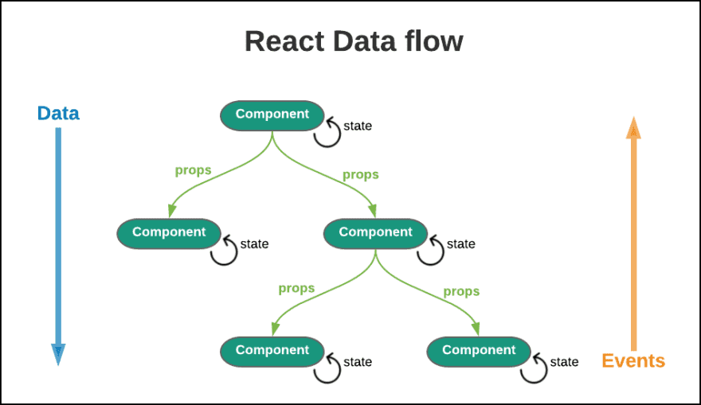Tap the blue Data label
pos(58,113)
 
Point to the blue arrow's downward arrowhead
pos(58,355)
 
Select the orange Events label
pos(633,360)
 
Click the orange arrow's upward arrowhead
pos(633,129)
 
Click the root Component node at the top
pos(272,115)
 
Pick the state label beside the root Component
pos(358,126)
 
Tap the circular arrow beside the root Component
pos(327,133)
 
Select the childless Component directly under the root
pos(169,232)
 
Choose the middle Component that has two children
pos(376,232)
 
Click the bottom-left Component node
pos(272,350)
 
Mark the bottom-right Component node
pos(479,350)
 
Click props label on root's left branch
pos(193,169)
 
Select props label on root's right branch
pos(360,174)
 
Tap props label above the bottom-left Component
pos(296,288)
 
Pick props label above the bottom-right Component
pos(461,291)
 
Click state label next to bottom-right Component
pos(564,362)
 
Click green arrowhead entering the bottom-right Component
pos(476,329)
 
